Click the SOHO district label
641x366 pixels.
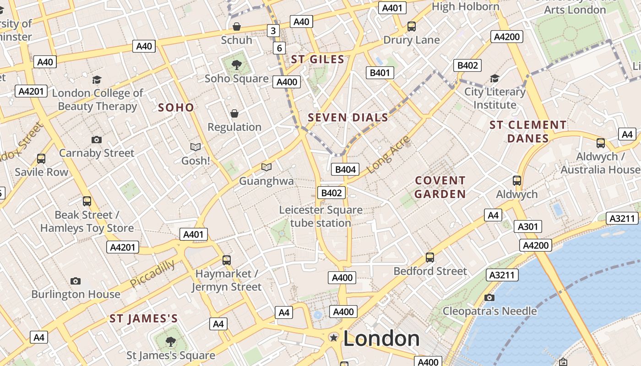176,108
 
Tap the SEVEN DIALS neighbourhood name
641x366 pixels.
348,118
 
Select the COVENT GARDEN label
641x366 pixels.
440,187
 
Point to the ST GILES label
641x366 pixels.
318,59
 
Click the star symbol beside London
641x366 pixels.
334,338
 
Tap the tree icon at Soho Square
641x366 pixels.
237,65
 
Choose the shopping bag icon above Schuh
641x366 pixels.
237,27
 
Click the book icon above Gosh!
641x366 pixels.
196,147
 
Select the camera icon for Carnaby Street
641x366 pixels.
96,140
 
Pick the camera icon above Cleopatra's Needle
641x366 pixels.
489,298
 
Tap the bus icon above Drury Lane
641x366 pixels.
412,27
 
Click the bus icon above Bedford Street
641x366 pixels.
430,257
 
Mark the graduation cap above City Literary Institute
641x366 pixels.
494,79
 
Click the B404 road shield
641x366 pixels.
345,169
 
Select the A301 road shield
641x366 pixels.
527,226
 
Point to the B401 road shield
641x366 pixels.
380,72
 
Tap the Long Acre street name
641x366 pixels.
388,155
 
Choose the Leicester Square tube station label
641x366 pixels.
320,216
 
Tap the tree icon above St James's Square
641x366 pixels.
170,341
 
